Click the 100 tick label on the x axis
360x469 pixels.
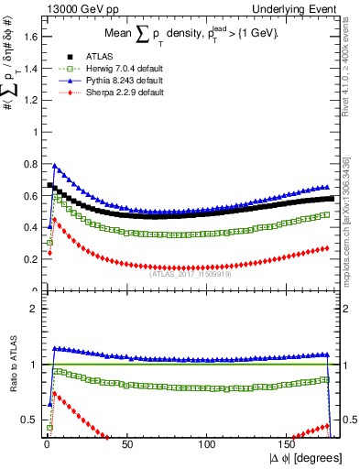[208, 443]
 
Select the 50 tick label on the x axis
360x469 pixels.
[126, 443]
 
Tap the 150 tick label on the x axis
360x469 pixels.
[289, 443]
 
